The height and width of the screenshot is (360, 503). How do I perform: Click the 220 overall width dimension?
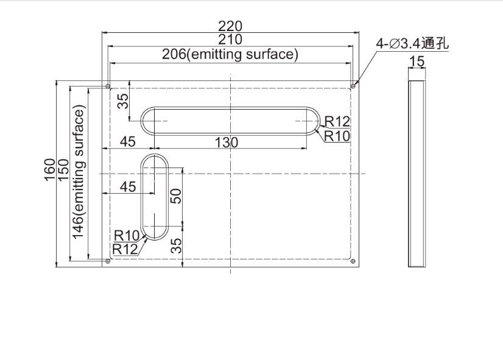(230, 26)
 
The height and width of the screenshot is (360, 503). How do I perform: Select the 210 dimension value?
(230, 40)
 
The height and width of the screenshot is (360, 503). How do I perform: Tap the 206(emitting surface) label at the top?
(230, 55)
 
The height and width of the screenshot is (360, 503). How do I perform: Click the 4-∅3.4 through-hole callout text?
(412, 43)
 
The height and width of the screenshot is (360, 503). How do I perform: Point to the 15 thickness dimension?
(417, 61)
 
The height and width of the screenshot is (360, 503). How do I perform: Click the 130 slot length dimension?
(226, 143)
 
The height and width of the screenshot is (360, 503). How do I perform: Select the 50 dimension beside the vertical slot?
(175, 196)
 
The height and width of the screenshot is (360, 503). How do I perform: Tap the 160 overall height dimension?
(50, 170)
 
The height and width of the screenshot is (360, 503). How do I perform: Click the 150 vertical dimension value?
(63, 170)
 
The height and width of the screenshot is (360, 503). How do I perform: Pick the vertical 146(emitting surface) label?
(79, 173)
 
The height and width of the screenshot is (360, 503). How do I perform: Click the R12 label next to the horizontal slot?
(337, 121)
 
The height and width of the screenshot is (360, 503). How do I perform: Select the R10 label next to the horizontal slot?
(337, 135)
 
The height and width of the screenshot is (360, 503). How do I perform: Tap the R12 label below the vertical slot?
(125, 248)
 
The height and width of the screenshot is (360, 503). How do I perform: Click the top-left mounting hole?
(108, 86)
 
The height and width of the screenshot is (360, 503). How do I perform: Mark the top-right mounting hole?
(353, 86)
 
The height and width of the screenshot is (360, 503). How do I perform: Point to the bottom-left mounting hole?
(108, 261)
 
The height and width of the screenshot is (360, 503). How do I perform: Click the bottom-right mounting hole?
(353, 261)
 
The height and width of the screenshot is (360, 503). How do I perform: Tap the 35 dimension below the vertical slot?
(175, 245)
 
